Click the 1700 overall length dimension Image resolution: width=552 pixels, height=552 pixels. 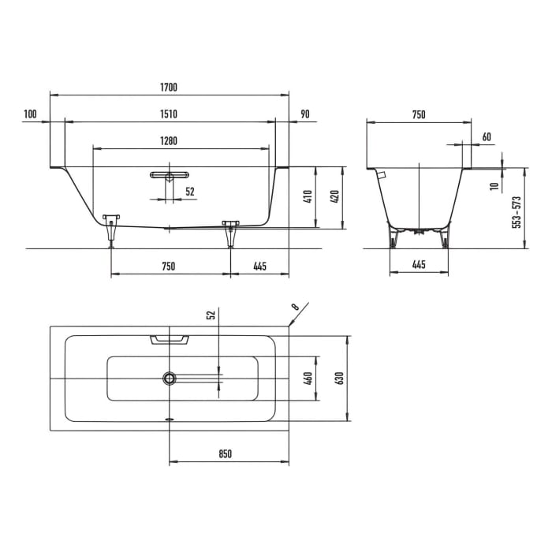click(x=170, y=87)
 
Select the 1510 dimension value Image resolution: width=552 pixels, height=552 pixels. click(x=170, y=114)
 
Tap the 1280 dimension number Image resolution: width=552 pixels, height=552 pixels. click(x=168, y=141)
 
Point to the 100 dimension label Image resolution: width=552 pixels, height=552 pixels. click(x=31, y=114)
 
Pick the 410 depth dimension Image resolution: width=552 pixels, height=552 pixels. click(x=308, y=196)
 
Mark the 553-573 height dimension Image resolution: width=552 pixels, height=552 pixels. click(x=517, y=212)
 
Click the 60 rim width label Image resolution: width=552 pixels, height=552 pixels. click(x=486, y=137)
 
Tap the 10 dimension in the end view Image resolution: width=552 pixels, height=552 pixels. click(x=494, y=186)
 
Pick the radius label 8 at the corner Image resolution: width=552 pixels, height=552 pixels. click(x=295, y=306)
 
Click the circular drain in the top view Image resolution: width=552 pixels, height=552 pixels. click(x=170, y=379)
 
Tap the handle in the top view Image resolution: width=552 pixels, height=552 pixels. click(x=170, y=338)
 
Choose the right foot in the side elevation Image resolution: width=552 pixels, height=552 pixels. click(x=230, y=230)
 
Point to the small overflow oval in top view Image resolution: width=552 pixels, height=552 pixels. click(x=169, y=420)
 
